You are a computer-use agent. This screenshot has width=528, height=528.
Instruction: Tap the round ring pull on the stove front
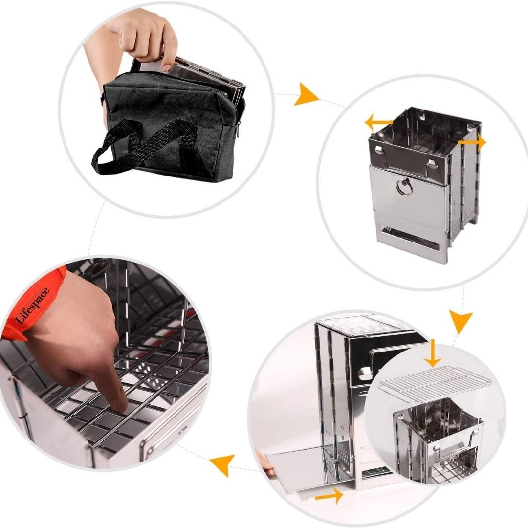point(404,187)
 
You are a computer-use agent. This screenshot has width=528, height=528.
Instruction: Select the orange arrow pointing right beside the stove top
point(472,142)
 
